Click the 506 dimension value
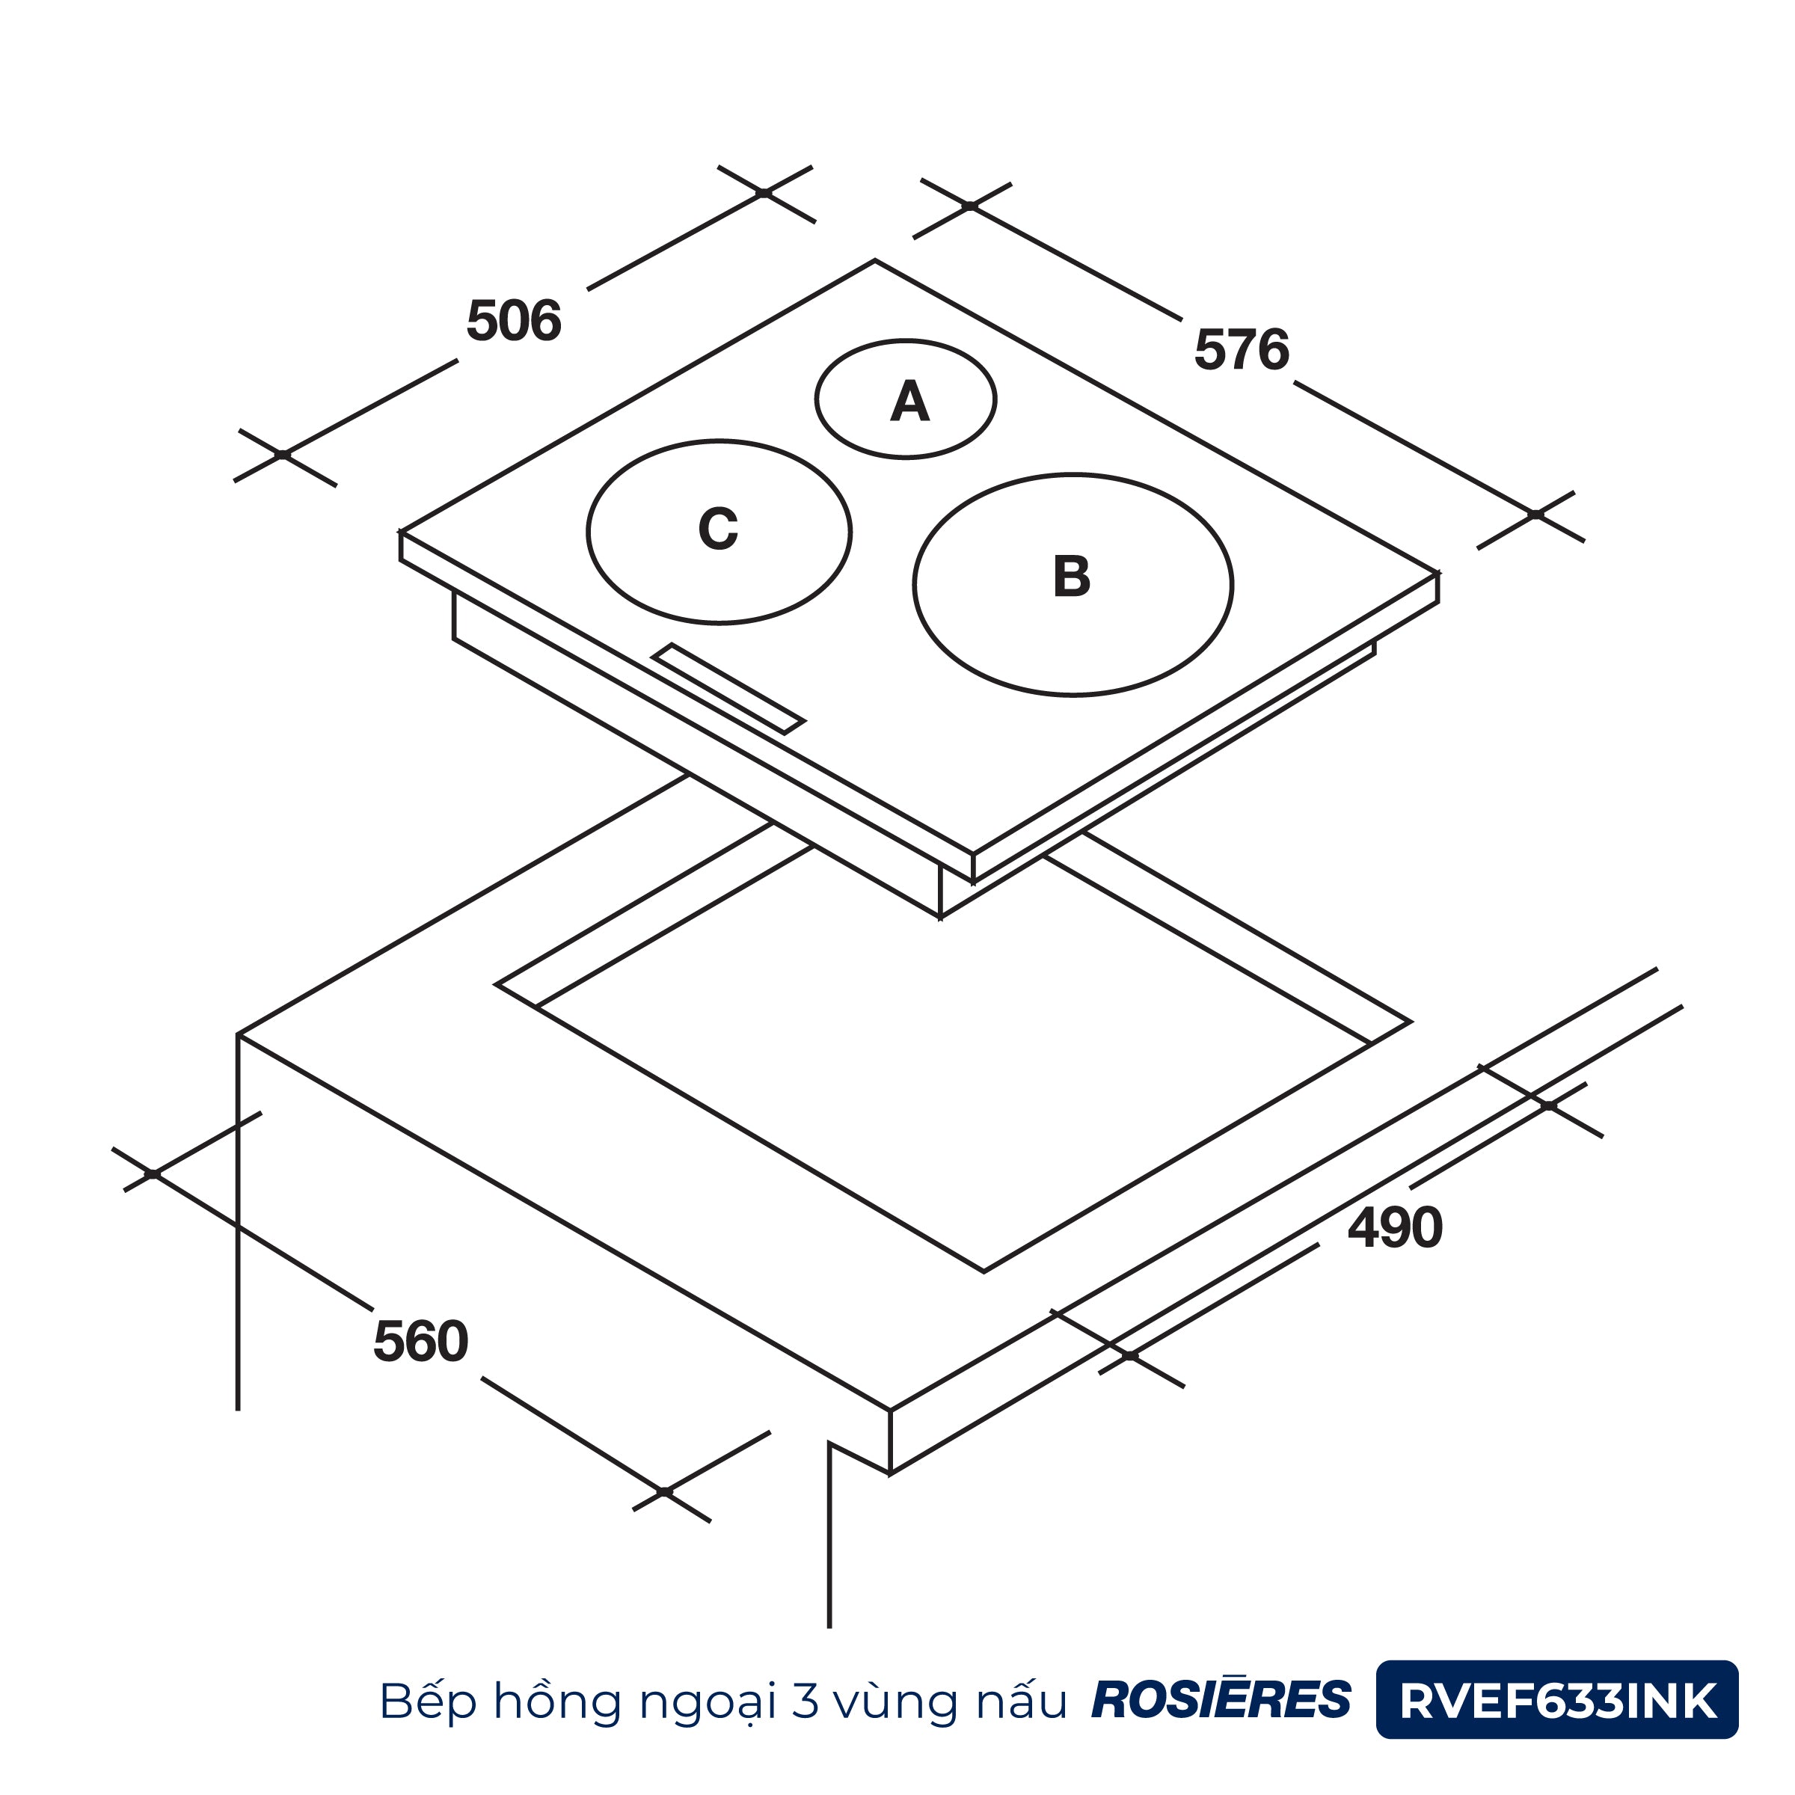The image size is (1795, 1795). click(514, 321)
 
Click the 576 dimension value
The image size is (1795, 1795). click(1242, 349)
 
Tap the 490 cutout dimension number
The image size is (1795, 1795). click(1395, 1227)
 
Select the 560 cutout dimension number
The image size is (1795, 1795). click(421, 1342)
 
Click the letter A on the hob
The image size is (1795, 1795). click(909, 402)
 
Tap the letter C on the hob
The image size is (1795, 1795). click(718, 529)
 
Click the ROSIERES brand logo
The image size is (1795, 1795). click(1221, 1699)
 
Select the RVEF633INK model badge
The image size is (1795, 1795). click(1557, 1699)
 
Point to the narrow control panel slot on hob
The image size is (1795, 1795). click(728, 688)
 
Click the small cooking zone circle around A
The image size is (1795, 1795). click(906, 341)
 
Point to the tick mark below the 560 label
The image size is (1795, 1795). click(665, 1491)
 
